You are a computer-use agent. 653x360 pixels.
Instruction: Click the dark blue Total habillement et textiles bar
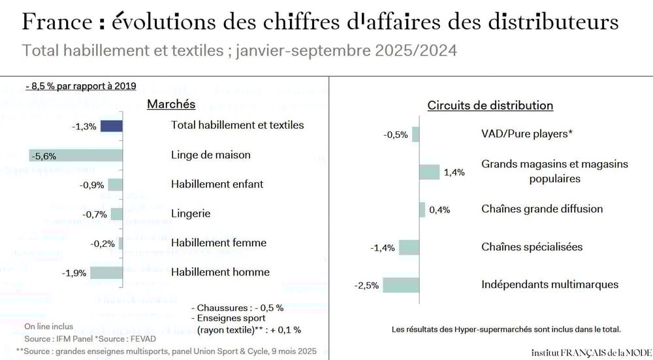(x=111, y=126)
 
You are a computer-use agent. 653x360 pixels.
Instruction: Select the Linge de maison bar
(x=76, y=155)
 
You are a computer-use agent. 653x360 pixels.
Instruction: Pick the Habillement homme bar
(x=106, y=272)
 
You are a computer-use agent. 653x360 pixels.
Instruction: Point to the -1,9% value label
(x=74, y=272)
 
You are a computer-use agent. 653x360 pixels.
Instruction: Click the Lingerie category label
(x=191, y=213)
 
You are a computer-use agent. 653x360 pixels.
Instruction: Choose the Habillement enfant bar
(x=116, y=184)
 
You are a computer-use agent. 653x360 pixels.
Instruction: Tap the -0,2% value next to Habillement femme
(x=103, y=244)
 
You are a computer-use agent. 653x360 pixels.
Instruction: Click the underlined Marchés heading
(x=171, y=104)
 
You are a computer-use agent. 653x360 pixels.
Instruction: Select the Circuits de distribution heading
(x=490, y=105)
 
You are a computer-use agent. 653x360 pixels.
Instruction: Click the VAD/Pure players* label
(x=527, y=134)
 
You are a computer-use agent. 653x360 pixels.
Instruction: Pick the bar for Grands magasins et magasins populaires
(x=430, y=172)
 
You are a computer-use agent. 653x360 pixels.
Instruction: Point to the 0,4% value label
(x=439, y=210)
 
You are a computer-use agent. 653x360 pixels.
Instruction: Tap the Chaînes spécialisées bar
(x=409, y=247)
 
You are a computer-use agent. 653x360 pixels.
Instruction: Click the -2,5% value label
(x=366, y=286)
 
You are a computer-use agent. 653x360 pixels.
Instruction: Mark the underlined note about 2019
(x=80, y=86)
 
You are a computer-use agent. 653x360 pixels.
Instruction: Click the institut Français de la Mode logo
(x=591, y=352)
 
